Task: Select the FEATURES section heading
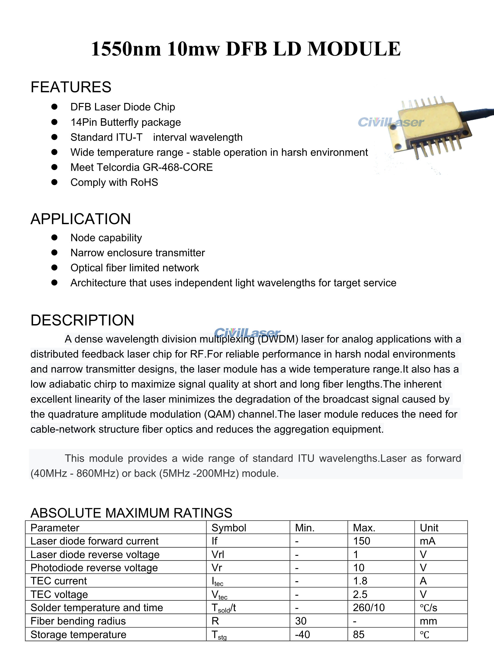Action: [x=71, y=87]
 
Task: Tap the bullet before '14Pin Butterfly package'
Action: [x=54, y=122]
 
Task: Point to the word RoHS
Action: [x=144, y=182]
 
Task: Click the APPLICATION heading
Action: [x=81, y=219]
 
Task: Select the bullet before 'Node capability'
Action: [x=54, y=237]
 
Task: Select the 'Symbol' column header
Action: [x=229, y=528]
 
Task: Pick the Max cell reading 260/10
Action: [x=368, y=607]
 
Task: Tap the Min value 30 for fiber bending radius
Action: [x=301, y=621]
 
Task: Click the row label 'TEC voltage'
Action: [x=59, y=594]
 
